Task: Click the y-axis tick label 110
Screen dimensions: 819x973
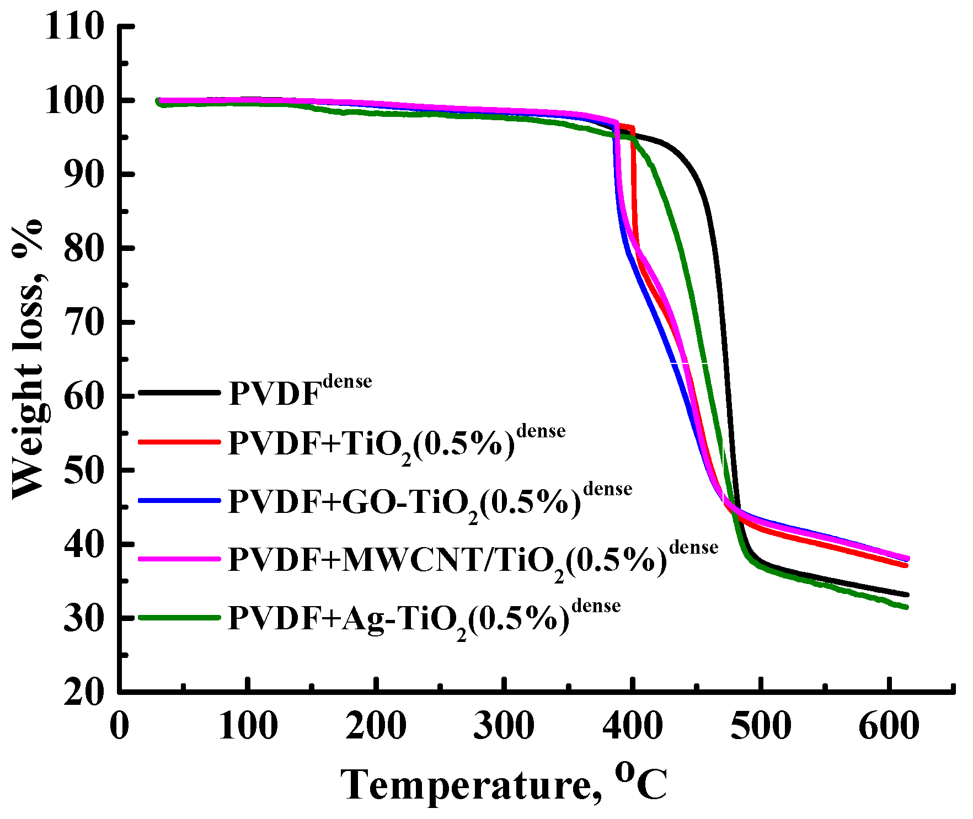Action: [x=74, y=26]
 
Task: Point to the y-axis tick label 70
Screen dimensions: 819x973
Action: [x=83, y=322]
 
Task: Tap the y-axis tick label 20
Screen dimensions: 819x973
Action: [x=83, y=692]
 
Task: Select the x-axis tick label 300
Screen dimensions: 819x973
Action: [x=504, y=725]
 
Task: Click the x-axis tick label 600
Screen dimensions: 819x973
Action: [x=889, y=725]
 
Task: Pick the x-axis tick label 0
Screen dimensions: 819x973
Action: [x=120, y=725]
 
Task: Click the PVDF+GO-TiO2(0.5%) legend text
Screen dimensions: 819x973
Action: [x=430, y=502]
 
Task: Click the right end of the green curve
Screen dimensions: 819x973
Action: [x=906, y=607]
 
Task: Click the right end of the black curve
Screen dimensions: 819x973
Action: [x=906, y=595]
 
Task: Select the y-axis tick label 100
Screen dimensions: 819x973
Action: [x=74, y=100]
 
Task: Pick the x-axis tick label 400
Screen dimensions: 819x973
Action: [x=632, y=725]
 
